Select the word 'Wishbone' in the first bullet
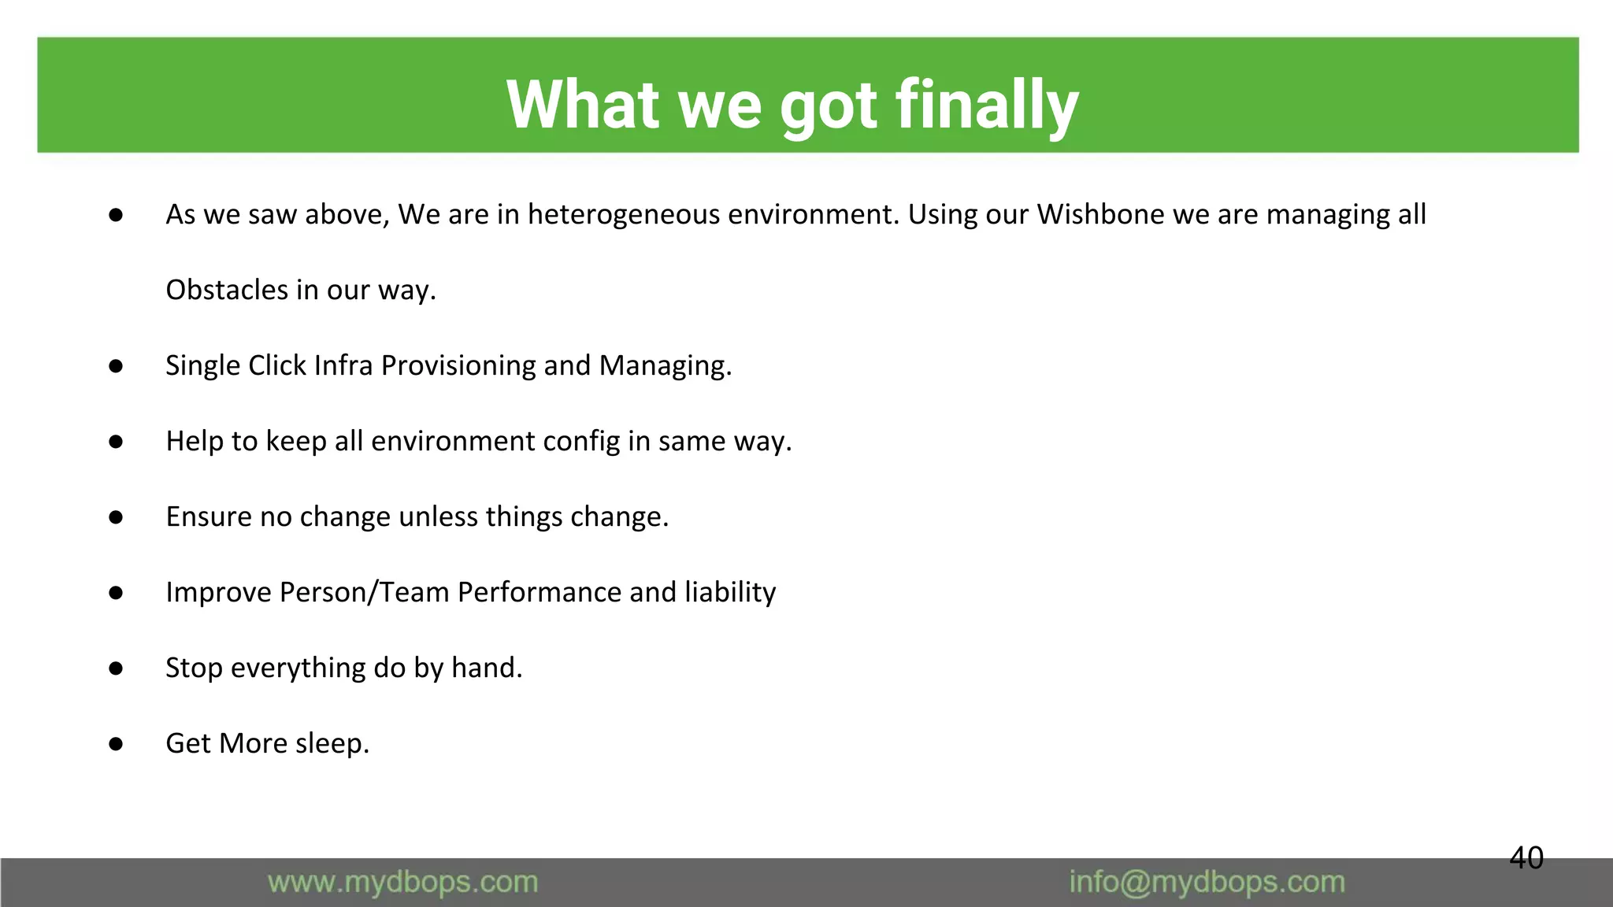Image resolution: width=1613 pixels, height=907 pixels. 1099,214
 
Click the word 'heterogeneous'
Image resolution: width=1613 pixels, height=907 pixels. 623,214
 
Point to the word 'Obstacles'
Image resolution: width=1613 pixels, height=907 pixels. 227,290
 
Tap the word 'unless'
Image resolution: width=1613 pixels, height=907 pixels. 438,516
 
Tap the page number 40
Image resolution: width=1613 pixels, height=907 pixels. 1526,857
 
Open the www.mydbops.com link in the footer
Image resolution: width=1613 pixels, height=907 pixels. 402,883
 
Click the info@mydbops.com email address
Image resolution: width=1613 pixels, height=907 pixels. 1207,883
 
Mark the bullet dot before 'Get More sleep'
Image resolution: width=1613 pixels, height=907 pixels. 116,744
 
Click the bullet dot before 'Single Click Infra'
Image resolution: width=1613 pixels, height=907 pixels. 116,366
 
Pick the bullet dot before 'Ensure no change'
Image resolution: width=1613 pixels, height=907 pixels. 116,517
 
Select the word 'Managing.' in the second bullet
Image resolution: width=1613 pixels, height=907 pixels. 665,365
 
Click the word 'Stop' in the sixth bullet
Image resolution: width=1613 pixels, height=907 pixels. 194,668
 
